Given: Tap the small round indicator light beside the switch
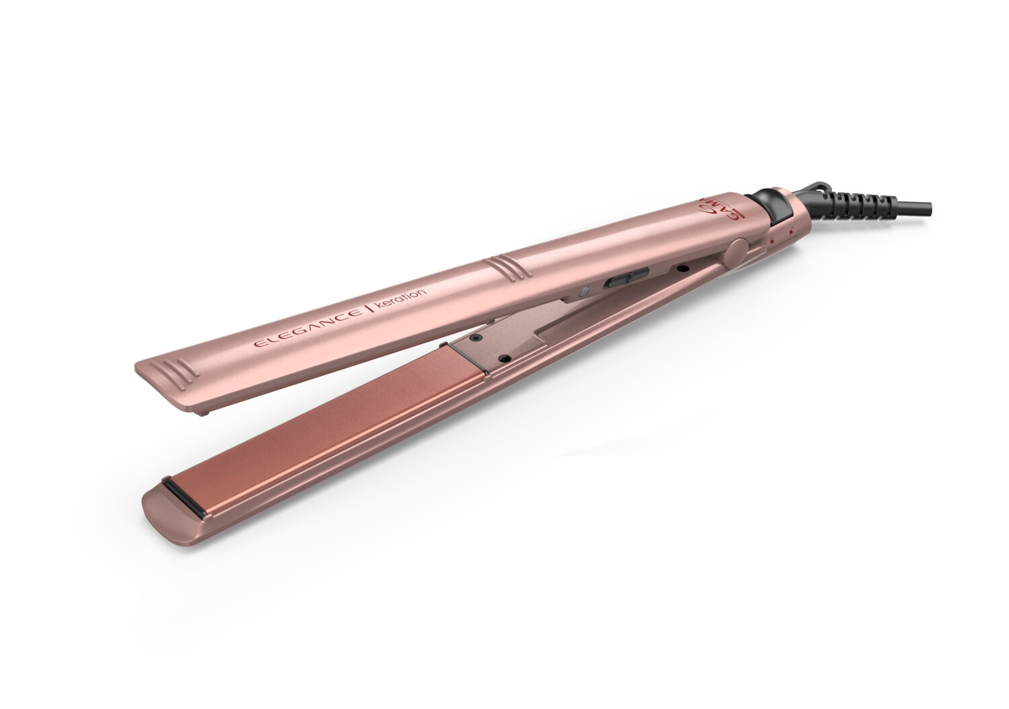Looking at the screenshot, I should tap(585, 291).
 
